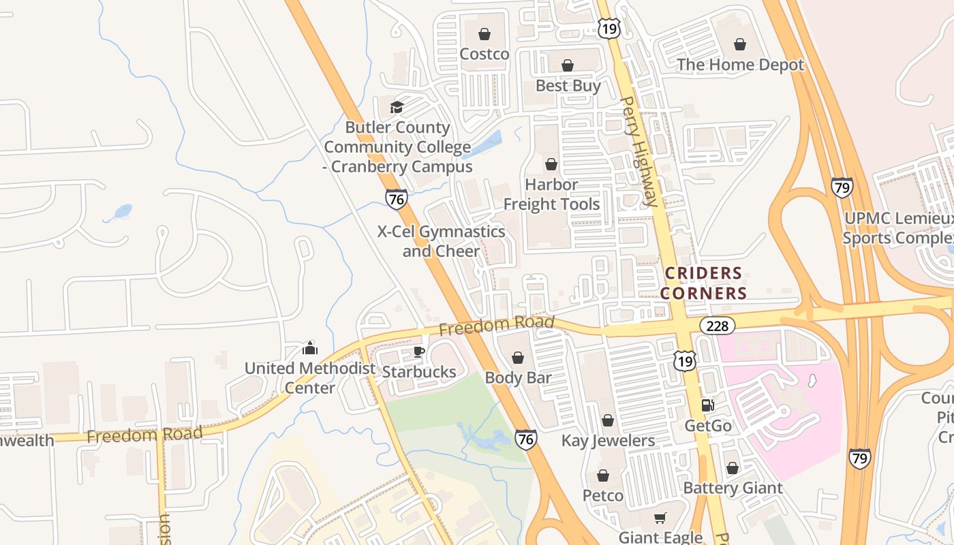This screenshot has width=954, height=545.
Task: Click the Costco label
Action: click(x=484, y=54)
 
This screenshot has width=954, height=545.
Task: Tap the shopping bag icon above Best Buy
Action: click(x=567, y=65)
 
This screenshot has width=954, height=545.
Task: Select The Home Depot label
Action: click(x=740, y=65)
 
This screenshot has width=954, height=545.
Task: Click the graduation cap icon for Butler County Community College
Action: click(x=397, y=107)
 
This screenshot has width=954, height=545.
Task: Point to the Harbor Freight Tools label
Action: click(x=551, y=194)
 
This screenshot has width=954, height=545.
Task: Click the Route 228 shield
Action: click(x=718, y=326)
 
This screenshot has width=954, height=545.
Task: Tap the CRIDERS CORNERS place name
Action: click(x=705, y=283)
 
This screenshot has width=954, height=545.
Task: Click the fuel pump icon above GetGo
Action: click(x=708, y=405)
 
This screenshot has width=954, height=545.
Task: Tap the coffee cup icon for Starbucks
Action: click(x=418, y=352)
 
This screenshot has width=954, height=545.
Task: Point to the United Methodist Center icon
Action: click(x=310, y=348)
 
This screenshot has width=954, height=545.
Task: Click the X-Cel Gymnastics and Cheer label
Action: click(x=441, y=241)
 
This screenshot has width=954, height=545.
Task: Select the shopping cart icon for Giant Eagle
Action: click(x=660, y=518)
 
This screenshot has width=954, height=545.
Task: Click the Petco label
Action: click(x=602, y=495)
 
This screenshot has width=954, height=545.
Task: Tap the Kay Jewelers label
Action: click(x=608, y=441)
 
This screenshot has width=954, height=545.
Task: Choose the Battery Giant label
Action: click(x=733, y=488)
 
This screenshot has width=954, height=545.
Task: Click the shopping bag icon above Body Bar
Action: click(x=518, y=358)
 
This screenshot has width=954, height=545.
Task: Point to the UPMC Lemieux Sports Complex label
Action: click(x=897, y=228)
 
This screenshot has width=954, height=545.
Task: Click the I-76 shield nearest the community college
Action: click(x=396, y=199)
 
